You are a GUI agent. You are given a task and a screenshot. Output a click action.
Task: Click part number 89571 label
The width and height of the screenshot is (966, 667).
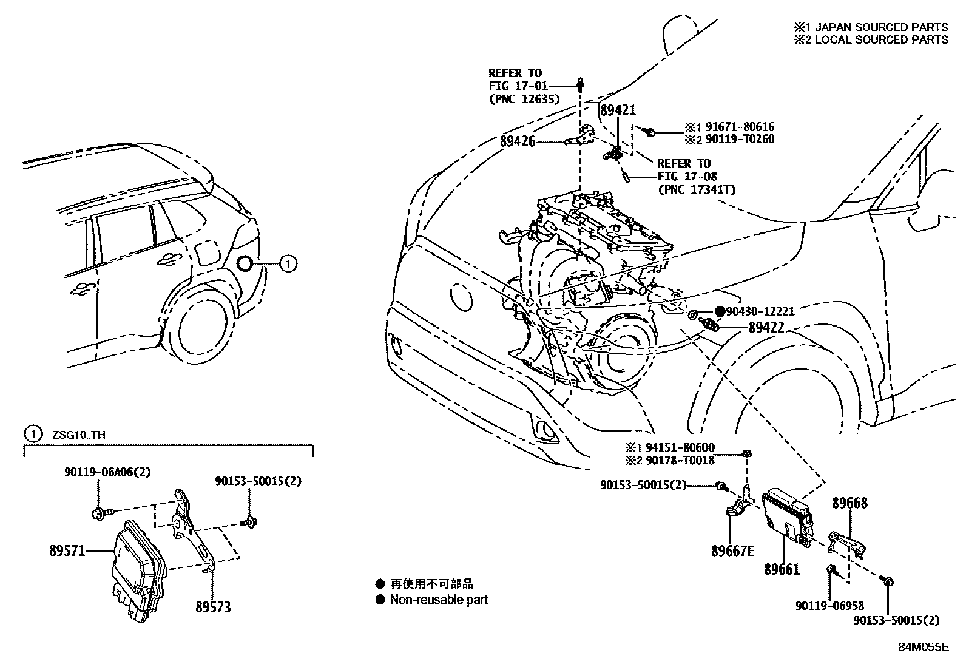[x=67, y=551]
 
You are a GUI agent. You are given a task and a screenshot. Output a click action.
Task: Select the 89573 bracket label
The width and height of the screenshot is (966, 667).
[x=213, y=607]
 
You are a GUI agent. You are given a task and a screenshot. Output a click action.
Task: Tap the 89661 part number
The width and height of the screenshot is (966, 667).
[x=782, y=569]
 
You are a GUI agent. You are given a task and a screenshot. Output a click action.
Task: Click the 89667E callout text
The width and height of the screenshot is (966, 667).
[x=733, y=551]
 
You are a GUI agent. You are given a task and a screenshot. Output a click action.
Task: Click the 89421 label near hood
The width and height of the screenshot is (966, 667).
[x=617, y=110]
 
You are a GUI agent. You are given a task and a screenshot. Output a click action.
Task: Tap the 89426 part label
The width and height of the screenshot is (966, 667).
[x=518, y=141]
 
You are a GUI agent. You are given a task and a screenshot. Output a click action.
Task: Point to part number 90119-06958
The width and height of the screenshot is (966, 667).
[x=829, y=606]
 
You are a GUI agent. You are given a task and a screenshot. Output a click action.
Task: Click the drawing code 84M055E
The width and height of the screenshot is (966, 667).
[x=923, y=647]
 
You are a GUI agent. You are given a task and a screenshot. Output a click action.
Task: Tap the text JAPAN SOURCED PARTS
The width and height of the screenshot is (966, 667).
[x=881, y=27]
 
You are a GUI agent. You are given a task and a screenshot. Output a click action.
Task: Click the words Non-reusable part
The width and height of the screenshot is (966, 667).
[x=439, y=600]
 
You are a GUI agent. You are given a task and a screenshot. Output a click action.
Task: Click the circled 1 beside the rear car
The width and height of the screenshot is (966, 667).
[x=288, y=263]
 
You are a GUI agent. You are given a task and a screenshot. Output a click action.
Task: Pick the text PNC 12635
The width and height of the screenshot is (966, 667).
[x=524, y=100]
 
